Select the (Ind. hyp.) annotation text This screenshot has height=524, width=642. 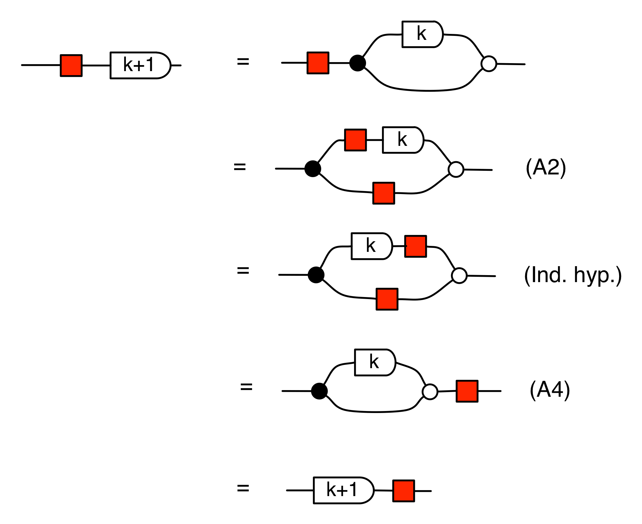point(573,275)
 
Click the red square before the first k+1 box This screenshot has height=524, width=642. point(71,66)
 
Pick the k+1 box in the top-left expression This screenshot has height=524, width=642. point(140,65)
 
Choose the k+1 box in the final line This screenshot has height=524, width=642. point(343,490)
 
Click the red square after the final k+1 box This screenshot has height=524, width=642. point(404,491)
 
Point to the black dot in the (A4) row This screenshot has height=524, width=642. point(320,391)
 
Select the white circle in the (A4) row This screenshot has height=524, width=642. point(430,392)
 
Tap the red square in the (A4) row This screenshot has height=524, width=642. point(467,391)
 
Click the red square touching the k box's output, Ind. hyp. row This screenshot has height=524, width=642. point(415,246)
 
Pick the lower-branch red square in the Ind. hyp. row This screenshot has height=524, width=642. point(387,299)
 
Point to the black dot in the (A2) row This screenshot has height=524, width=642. point(313,169)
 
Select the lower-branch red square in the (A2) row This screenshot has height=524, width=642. point(384,193)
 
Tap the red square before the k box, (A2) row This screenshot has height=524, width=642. point(355,140)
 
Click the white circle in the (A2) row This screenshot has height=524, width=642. point(456,169)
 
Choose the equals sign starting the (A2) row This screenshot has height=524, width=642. point(240,167)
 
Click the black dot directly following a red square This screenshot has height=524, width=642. point(358,63)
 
